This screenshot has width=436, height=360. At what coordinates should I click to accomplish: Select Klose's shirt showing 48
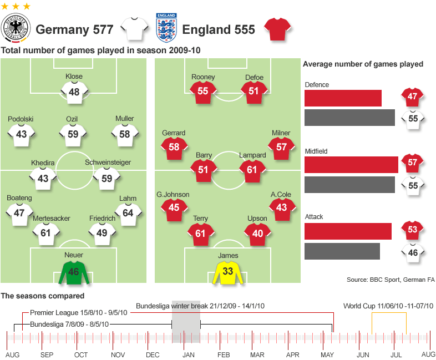point(74,92)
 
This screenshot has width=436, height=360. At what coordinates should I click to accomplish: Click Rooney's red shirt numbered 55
point(202,91)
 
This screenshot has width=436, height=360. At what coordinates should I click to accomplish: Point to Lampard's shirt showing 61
point(252,170)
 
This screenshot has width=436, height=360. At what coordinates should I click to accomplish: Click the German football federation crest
point(16,29)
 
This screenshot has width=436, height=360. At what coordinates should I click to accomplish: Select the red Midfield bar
point(351,164)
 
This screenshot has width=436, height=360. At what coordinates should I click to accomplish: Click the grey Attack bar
point(342,251)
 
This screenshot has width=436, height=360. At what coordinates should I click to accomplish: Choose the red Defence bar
point(343,98)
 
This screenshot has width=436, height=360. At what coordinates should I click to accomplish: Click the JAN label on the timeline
point(187,354)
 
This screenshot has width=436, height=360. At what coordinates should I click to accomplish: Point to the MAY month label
point(327,354)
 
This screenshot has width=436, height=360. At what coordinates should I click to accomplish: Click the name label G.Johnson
point(174,194)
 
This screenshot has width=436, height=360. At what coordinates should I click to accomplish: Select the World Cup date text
point(388,306)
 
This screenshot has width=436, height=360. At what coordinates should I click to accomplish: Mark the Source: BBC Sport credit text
point(391,280)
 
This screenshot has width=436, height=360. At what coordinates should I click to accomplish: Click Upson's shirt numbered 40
point(258,234)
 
